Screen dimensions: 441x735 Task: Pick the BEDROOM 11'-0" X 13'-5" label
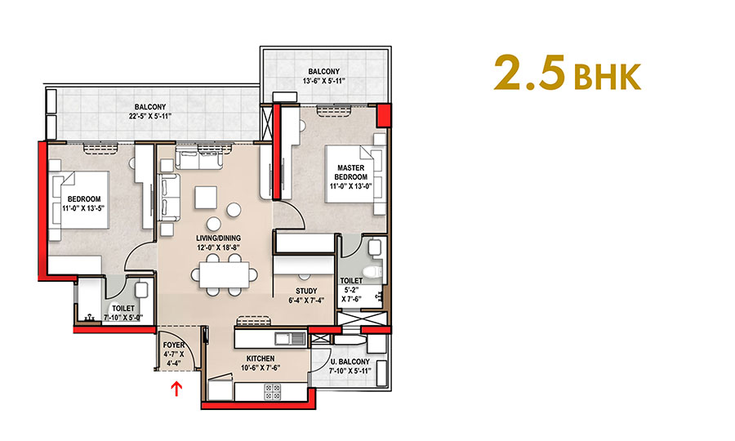[x=84, y=204]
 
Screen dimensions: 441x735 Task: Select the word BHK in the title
[x=608, y=78]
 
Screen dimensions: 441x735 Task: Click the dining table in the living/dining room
[x=222, y=274]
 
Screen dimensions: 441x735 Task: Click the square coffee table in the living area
[x=204, y=197]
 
